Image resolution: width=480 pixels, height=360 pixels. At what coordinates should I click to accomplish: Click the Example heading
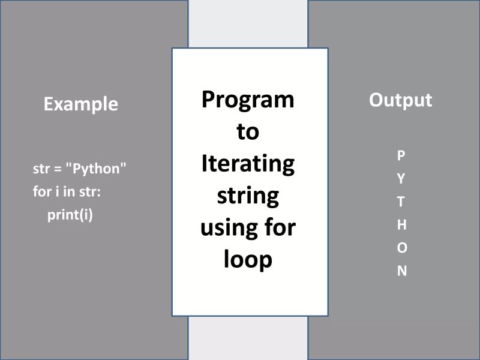[81, 104]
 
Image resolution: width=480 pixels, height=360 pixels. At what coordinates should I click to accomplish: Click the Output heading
[400, 100]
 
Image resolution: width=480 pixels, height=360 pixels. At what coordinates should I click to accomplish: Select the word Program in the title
[248, 100]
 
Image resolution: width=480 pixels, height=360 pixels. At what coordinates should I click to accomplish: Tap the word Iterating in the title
[248, 163]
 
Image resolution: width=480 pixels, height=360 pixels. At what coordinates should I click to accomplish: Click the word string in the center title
[248, 196]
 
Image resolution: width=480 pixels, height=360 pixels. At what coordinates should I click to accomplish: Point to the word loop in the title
[248, 260]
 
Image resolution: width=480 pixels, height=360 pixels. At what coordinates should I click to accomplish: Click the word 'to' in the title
[248, 131]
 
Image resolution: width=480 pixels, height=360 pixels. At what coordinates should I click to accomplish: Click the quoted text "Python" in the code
[96, 169]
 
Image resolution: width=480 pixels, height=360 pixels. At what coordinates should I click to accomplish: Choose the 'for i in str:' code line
[66, 192]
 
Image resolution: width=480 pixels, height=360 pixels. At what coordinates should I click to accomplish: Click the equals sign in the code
[58, 169]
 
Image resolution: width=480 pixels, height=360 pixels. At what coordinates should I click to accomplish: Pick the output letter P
[401, 155]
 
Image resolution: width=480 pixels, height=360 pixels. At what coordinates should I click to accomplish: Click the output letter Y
[401, 178]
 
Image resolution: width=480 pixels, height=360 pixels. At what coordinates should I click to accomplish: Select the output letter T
[401, 202]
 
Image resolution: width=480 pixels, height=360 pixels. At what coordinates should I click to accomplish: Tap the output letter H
[401, 224]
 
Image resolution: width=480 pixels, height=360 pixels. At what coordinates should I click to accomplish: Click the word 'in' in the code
[66, 192]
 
